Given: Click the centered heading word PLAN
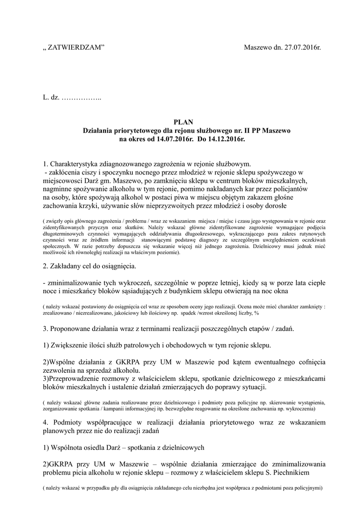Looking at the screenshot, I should (180, 122).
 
